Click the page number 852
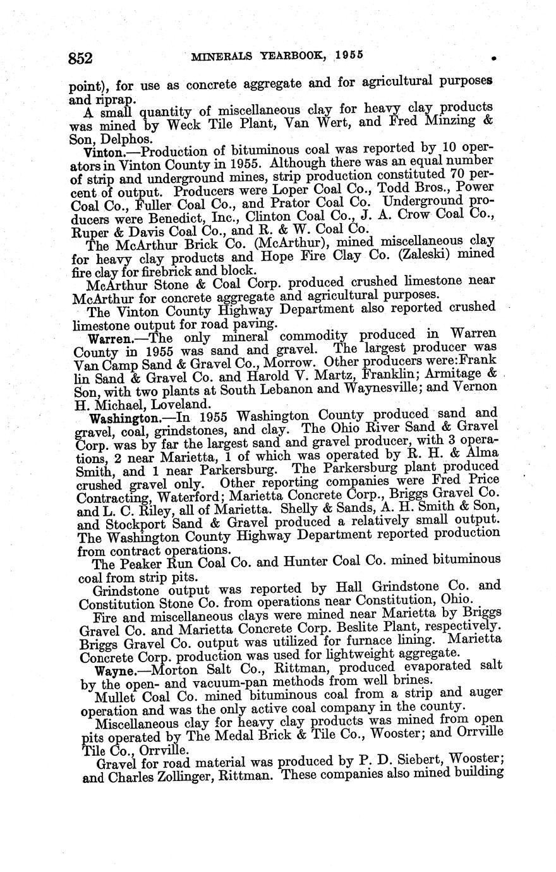click(x=81, y=58)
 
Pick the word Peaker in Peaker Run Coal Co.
click(x=142, y=563)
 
